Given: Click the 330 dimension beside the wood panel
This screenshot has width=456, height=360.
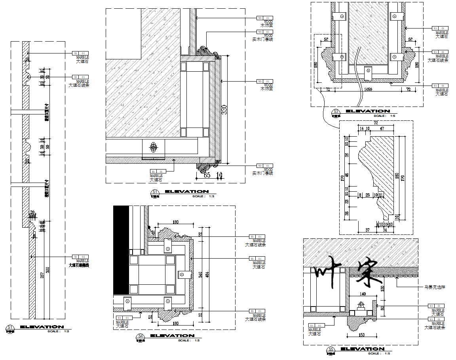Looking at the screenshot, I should click(224, 109).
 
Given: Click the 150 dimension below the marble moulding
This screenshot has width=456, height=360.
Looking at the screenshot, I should click(361, 335).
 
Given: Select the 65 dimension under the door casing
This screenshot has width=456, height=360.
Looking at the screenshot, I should click(207, 175).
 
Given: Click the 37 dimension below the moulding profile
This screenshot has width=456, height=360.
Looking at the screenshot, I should click(367, 230).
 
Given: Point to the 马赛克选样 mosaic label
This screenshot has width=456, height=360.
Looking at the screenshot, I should click(434, 287).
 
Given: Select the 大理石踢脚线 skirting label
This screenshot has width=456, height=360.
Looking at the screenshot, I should click(79, 265).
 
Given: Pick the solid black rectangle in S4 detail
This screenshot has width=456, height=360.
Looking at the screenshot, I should click(121, 250).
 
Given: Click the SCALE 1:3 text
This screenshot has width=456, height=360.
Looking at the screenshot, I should click(58, 331).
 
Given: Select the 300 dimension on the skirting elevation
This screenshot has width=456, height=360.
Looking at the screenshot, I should click(48, 270).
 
